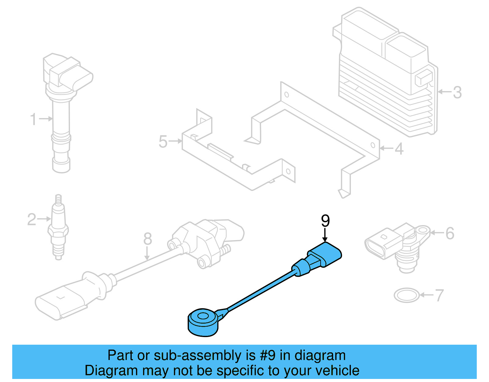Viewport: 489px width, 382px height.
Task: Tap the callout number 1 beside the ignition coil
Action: coord(33,119)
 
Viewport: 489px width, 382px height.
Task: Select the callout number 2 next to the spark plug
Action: coord(31,220)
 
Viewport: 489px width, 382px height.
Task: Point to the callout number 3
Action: coord(457,92)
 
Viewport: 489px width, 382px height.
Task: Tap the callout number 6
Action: coord(450,234)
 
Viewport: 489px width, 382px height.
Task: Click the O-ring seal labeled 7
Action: coord(406,295)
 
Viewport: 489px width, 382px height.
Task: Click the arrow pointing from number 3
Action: coord(444,91)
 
